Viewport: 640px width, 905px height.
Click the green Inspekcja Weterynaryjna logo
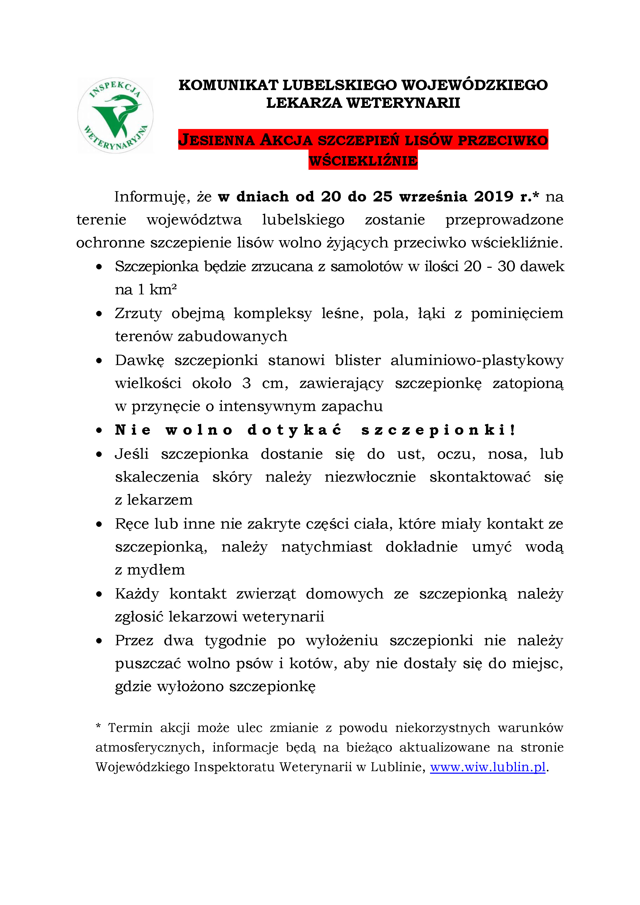[115, 115]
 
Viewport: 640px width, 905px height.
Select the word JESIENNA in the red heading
[217, 140]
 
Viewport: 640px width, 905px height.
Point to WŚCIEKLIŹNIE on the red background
[363, 160]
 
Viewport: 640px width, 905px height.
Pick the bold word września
[433, 197]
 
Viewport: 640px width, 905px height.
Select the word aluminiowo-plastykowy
[477, 360]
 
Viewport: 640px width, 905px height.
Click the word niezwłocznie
[370, 477]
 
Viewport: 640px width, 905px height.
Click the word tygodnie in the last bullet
[235, 641]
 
